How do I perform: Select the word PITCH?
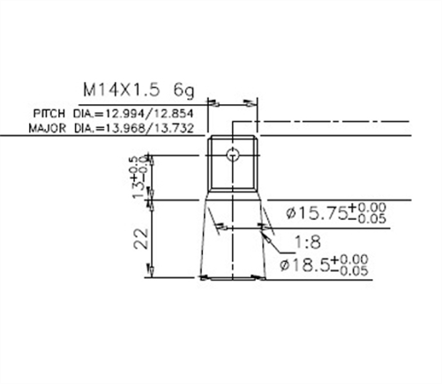49,115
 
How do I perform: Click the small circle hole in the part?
231,155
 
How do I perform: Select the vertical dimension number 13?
139,186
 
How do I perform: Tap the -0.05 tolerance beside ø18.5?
355,270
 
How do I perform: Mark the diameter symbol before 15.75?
294,213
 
